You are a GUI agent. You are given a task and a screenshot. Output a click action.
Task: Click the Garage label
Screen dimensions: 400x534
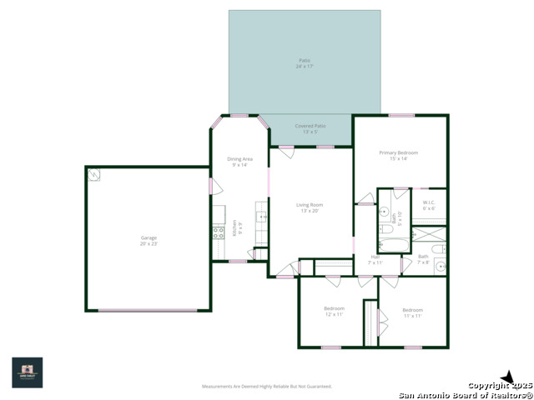[x=149, y=241]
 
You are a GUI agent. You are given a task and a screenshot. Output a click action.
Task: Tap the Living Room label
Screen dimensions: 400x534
[x=310, y=207]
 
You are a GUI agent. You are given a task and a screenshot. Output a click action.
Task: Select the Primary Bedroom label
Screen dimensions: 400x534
[x=398, y=156]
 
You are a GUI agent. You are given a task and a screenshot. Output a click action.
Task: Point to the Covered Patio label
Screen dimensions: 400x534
[x=310, y=128]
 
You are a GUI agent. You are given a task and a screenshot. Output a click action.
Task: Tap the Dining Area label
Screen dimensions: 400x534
[x=240, y=162]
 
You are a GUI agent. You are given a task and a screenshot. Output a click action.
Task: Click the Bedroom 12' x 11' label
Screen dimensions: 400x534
[x=334, y=312]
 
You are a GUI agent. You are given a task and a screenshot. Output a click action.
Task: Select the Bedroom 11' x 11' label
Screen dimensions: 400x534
[x=412, y=312]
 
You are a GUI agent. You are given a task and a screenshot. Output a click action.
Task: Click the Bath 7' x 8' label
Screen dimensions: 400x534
[x=423, y=259]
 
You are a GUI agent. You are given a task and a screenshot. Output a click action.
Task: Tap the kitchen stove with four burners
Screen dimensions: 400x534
[x=219, y=233]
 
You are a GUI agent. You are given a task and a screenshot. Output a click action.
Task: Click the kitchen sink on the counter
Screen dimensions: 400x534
[x=261, y=217]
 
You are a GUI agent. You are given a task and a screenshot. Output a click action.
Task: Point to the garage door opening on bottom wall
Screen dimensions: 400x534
[x=149, y=311]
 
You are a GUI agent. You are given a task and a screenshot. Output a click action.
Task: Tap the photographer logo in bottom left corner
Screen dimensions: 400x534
[x=27, y=372]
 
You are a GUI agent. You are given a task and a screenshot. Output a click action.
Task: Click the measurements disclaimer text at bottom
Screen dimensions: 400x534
[x=267, y=387]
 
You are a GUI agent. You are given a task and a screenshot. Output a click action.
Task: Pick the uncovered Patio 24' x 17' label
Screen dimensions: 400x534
[x=304, y=62]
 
